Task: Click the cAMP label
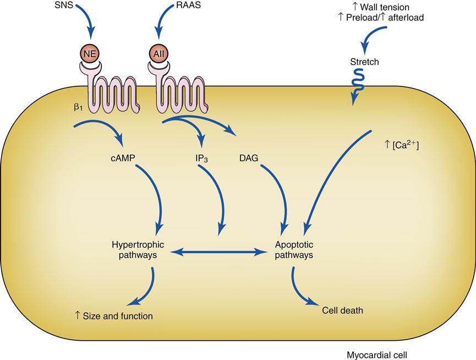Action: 123,159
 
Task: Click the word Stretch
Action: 364,62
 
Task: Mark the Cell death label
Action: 342,310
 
